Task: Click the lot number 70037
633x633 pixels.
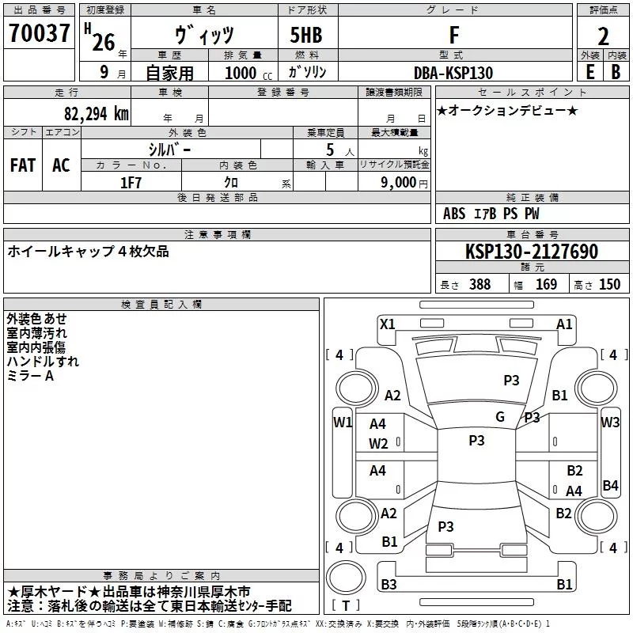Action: click(x=40, y=33)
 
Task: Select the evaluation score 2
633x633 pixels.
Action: click(x=603, y=36)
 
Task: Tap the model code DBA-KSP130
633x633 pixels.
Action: click(x=453, y=72)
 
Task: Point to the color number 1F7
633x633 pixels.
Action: click(x=131, y=181)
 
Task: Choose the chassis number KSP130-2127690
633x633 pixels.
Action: click(x=532, y=252)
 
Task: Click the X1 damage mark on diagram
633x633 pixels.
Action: click(x=387, y=324)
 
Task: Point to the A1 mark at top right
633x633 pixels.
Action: click(x=564, y=324)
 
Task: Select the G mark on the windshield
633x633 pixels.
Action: click(x=499, y=417)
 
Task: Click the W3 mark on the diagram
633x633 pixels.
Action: click(x=610, y=423)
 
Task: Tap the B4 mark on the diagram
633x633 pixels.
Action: click(x=610, y=485)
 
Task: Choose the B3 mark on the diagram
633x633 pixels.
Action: click(x=389, y=584)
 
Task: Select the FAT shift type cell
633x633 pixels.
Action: click(x=22, y=165)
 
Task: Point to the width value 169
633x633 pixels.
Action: click(x=546, y=285)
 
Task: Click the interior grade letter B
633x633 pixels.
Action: click(x=615, y=71)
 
